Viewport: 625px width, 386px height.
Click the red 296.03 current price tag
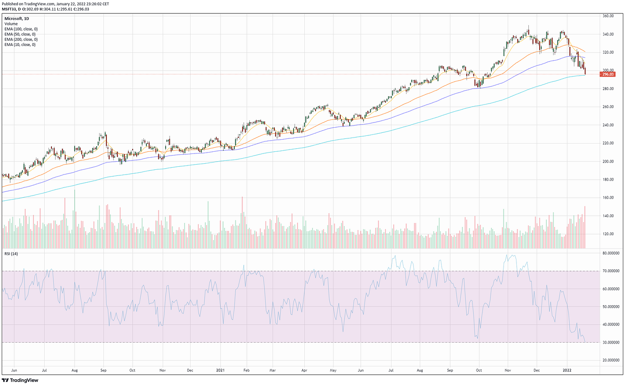point(608,74)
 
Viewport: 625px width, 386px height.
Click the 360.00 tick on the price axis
point(608,16)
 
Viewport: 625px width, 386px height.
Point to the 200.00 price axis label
point(608,162)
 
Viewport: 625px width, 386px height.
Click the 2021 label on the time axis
point(220,370)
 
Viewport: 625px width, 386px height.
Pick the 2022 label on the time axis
point(567,370)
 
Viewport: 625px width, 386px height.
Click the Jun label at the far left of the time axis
point(14,370)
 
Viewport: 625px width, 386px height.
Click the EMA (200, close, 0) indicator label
point(20,40)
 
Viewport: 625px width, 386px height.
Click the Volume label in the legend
point(11,24)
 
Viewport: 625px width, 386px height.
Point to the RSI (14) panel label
point(12,253)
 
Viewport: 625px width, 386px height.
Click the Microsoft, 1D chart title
point(17,18)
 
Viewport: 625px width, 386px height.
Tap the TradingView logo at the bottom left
point(20,380)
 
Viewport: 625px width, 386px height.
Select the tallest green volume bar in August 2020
point(74,219)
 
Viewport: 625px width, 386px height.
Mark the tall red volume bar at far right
point(585,228)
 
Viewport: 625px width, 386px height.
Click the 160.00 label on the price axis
point(608,198)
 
